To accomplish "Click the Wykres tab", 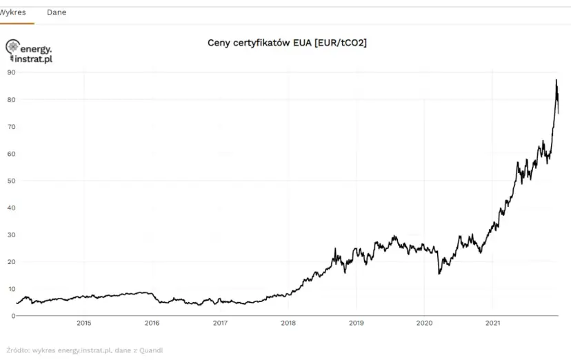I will (x=14, y=12).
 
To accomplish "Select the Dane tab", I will (x=57, y=12).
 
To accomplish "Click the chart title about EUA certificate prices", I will (x=287, y=43).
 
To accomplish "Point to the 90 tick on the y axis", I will (x=11, y=72).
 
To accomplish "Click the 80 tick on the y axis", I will (x=11, y=99).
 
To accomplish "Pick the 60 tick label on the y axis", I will (x=11, y=154).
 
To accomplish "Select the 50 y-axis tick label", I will (x=11, y=181).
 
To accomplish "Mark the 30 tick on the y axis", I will (x=11, y=234).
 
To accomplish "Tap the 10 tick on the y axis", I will (x=11, y=289).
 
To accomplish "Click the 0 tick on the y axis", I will (x=13, y=316).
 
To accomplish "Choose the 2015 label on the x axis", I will (x=83, y=323).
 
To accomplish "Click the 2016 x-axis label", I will (x=152, y=323).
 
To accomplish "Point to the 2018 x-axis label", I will (x=288, y=323).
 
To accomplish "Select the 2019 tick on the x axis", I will (x=357, y=323).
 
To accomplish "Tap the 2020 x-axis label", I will (x=425, y=323).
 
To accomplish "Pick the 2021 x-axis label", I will (x=493, y=323).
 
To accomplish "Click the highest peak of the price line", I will (x=556, y=81).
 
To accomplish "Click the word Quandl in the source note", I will (x=151, y=350).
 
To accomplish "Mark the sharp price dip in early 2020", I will (x=439, y=273).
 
